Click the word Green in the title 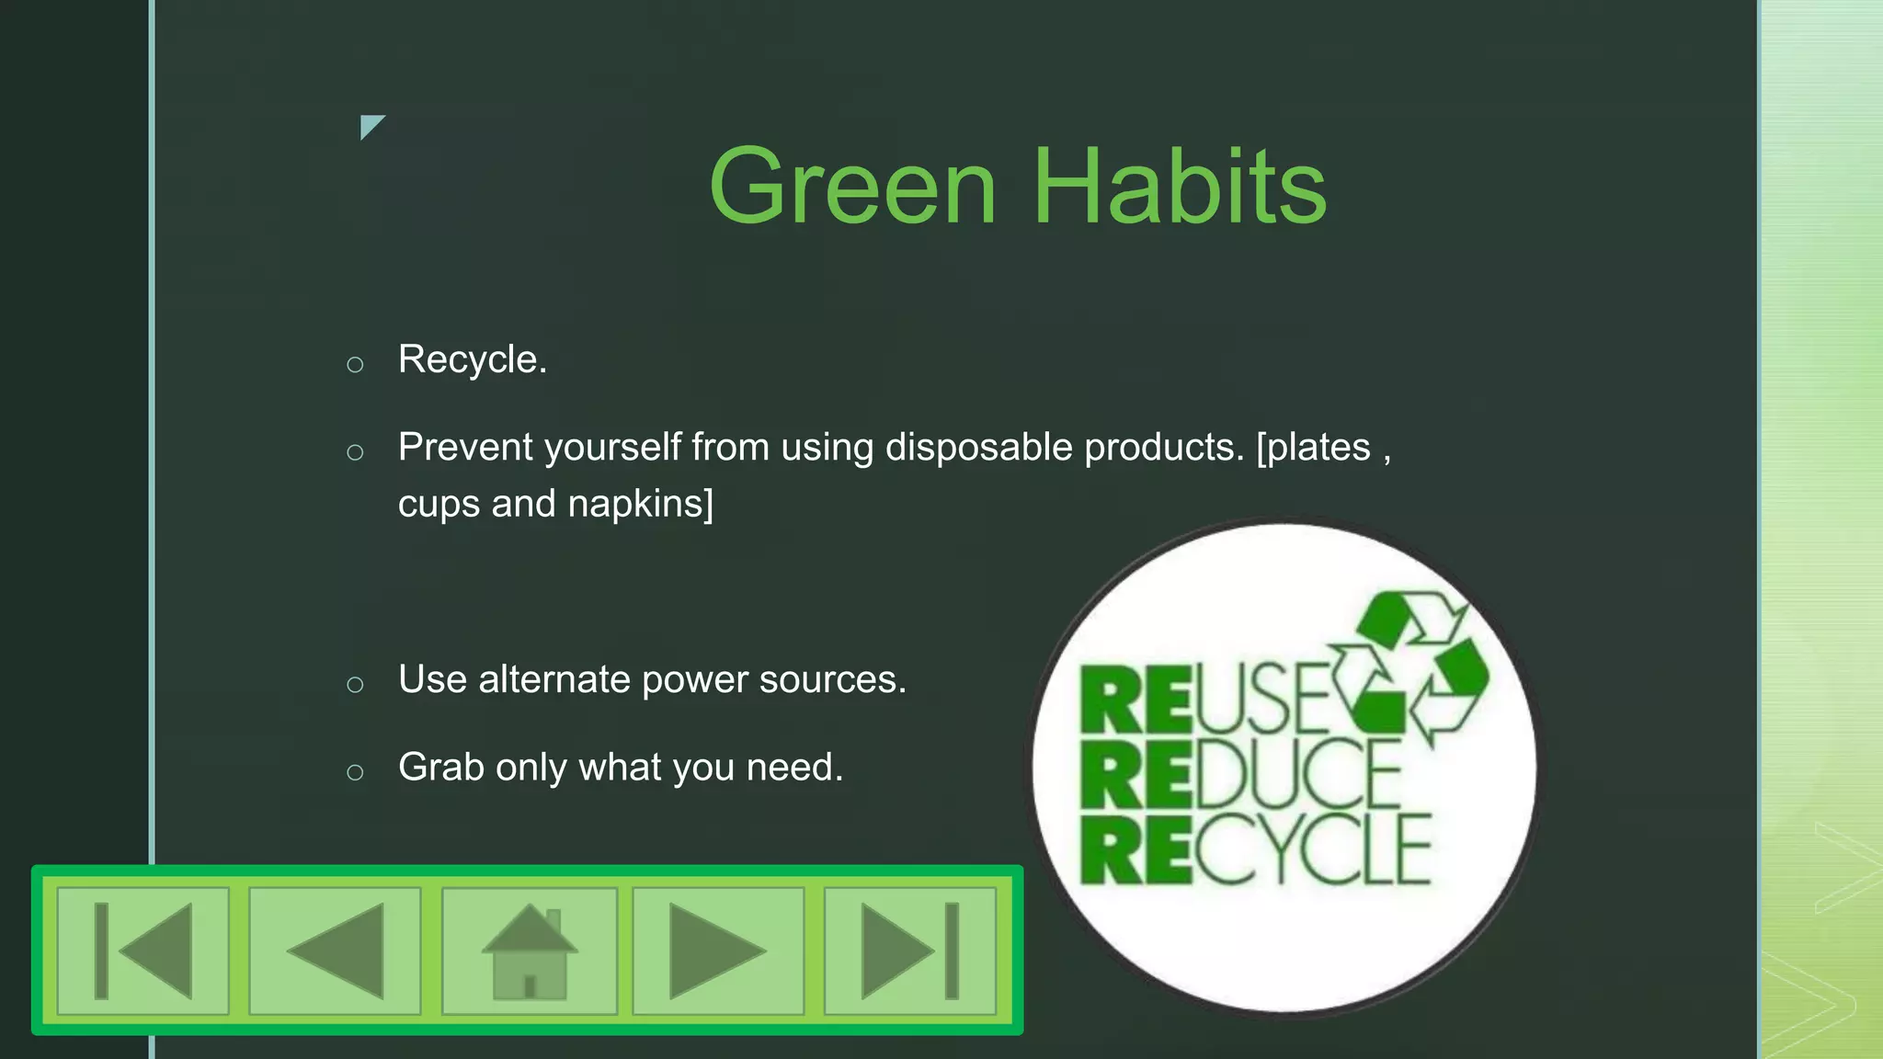(852, 187)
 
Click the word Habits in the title (1181, 187)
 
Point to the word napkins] (640, 504)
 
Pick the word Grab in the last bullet (440, 768)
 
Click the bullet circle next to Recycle (355, 365)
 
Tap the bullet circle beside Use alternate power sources (355, 685)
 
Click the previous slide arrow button (335, 951)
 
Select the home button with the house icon (529, 951)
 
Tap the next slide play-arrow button (718, 951)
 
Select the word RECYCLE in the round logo (1255, 849)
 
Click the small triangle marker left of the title (370, 125)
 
